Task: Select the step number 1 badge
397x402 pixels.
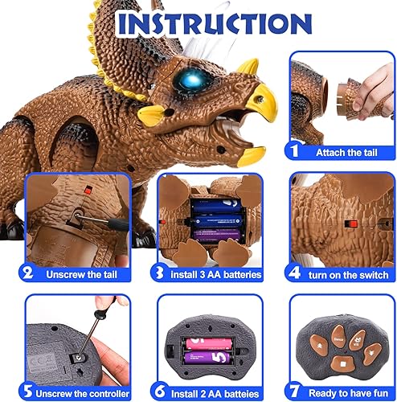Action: pyautogui.click(x=295, y=151)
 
